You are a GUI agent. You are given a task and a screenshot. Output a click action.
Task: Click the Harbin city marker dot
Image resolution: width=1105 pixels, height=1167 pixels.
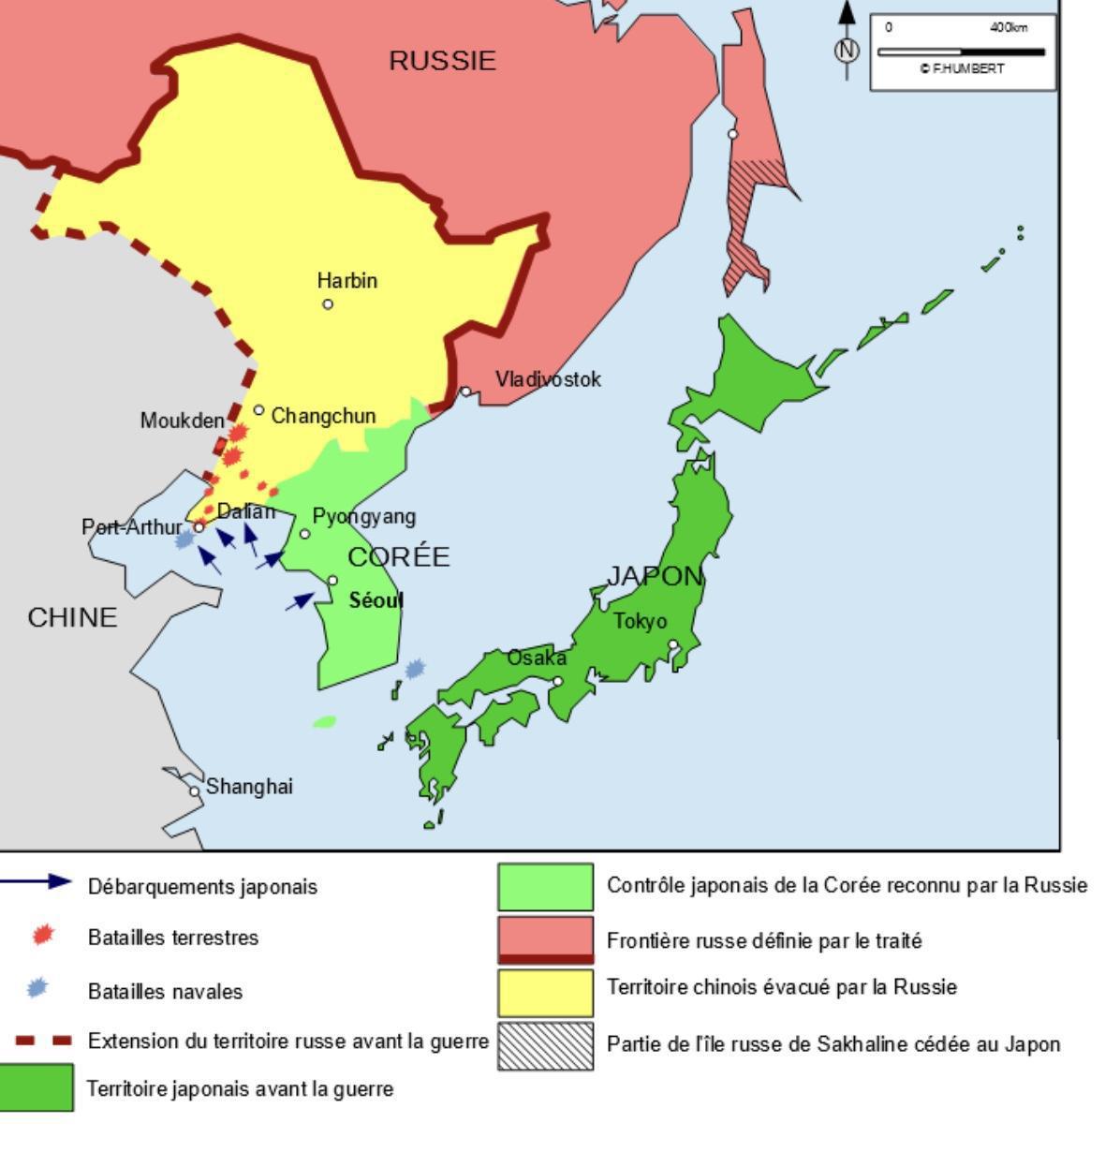tap(328, 303)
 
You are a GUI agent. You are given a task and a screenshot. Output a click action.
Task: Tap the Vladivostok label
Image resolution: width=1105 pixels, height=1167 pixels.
tap(548, 379)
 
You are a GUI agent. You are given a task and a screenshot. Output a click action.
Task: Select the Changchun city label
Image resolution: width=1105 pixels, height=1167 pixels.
tap(323, 416)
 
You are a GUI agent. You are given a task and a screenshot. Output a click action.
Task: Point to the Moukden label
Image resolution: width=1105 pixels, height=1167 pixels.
tap(182, 421)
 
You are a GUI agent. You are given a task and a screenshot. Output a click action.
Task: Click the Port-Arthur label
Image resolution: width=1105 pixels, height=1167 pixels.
tap(131, 527)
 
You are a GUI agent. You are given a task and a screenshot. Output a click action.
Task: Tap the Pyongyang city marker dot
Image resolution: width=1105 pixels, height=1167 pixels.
tap(304, 534)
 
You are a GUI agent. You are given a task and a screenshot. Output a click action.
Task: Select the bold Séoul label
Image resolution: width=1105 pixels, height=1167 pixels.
tap(376, 600)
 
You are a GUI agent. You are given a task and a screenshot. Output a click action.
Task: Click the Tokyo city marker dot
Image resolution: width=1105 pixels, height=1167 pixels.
tap(672, 644)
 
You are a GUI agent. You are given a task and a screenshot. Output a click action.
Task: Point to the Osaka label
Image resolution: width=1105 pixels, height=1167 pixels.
tap(537, 658)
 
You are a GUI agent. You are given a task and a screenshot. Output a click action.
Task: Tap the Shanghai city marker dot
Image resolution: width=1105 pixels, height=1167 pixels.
tap(195, 791)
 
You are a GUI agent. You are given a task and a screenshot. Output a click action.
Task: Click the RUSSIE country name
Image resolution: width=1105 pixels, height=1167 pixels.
tap(442, 61)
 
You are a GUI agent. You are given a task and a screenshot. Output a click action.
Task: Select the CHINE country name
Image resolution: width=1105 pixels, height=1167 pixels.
tap(72, 618)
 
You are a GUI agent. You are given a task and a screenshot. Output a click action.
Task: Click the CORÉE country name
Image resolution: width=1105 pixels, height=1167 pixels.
tap(399, 557)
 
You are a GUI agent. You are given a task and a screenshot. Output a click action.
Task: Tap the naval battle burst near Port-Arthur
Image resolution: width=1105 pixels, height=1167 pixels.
tap(184, 539)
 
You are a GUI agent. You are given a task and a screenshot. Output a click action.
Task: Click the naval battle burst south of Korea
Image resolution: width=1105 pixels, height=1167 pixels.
tap(415, 669)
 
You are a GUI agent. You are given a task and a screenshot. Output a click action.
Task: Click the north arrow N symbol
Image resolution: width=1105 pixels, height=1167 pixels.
tap(847, 50)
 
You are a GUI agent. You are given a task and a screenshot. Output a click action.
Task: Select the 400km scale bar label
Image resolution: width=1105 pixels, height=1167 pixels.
tap(1008, 28)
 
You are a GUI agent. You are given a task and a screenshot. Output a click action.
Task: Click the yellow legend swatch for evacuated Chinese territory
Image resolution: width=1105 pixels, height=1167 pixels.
tap(545, 993)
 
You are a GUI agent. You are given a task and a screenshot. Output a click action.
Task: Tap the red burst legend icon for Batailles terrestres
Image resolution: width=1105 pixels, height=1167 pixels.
tap(42, 936)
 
